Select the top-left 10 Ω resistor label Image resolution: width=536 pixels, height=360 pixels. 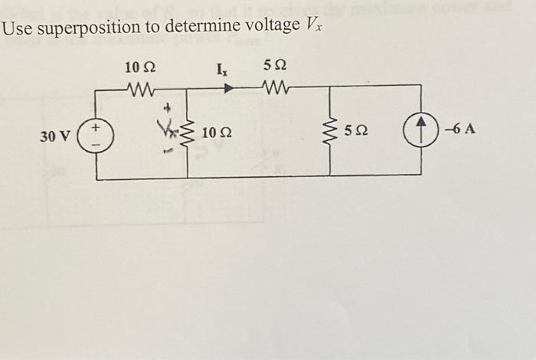pos(141,68)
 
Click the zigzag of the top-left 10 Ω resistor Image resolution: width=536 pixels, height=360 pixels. pos(140,90)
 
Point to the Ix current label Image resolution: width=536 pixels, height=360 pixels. pos(222,73)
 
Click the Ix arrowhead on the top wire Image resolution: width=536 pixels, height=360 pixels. pos(227,89)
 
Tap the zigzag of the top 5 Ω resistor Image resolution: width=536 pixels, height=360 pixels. pos(273,90)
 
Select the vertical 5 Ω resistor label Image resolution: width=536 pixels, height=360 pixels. pos(355,132)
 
